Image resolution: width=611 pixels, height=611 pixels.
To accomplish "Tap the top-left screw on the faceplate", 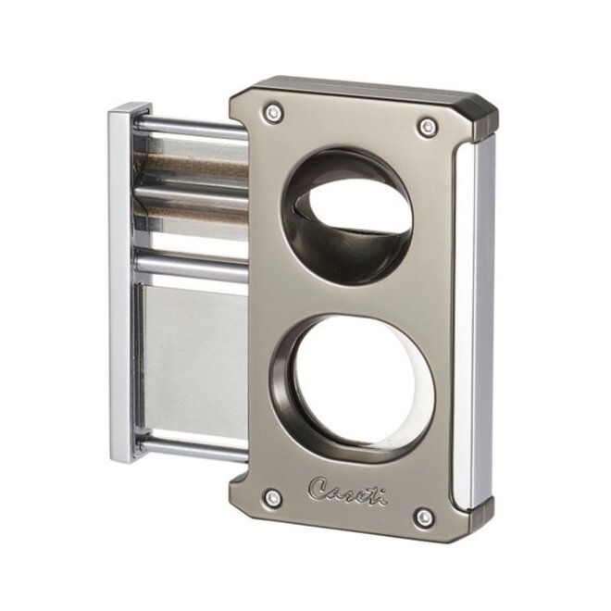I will point(273,113).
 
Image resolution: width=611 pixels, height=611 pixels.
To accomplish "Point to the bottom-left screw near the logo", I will point(272,499).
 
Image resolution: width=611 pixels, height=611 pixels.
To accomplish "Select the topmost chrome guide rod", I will point(190,126).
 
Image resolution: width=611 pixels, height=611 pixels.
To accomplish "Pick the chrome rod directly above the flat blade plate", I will point(190,268).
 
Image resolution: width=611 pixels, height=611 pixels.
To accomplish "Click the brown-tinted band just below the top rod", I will point(190,166).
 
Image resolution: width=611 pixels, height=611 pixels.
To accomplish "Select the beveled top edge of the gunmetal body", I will point(361,89).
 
